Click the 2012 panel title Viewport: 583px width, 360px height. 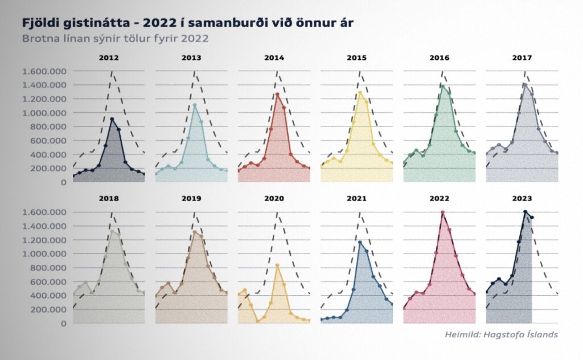tap(109, 58)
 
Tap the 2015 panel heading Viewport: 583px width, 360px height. tap(356, 58)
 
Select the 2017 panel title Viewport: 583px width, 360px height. tap(522, 58)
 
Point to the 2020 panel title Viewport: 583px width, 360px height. tap(274, 199)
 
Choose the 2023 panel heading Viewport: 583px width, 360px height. tap(522, 199)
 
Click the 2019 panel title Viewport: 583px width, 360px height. tap(191, 199)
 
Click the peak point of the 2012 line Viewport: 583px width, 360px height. tap(112, 119)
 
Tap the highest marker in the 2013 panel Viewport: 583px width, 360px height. tap(195, 105)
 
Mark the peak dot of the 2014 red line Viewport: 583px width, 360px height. tap(277, 94)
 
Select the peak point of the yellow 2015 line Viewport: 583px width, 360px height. tap(360, 92)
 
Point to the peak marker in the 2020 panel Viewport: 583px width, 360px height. tap(277, 265)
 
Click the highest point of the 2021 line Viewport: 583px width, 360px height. tap(360, 242)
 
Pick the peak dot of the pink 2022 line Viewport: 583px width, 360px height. tap(442, 212)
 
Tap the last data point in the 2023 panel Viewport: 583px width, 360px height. tap(532, 218)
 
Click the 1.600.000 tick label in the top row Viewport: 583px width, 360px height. tap(44, 71)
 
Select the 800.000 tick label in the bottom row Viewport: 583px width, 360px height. tap(48, 268)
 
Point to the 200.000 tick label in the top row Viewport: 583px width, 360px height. tap(48, 169)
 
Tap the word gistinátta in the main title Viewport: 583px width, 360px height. tap(87, 23)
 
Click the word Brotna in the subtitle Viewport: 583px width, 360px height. tap(40, 39)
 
